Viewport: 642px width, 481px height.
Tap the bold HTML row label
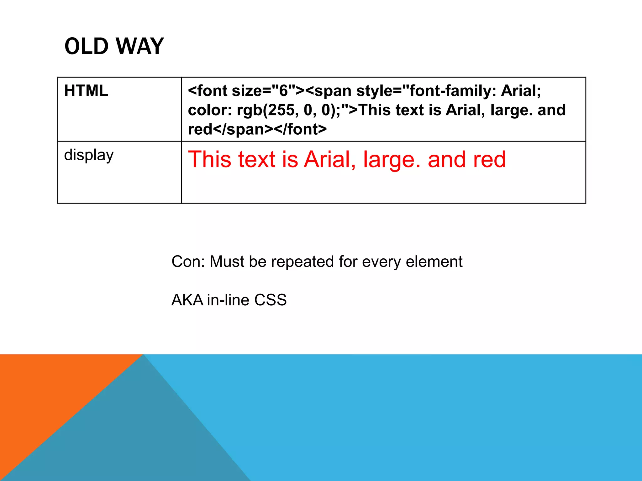coord(86,91)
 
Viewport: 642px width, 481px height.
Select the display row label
coord(89,155)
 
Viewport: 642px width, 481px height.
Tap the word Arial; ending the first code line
coord(521,91)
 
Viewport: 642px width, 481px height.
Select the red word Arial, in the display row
coord(330,159)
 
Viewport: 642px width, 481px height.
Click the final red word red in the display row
coord(489,159)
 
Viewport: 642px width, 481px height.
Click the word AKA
coord(187,300)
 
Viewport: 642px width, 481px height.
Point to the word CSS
coord(270,300)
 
